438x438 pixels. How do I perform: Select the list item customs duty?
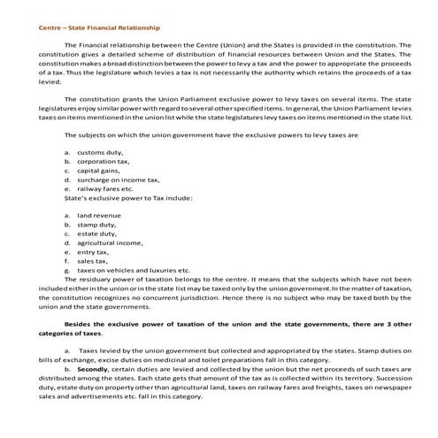pos(101,153)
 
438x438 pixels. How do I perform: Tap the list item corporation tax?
pos(104,163)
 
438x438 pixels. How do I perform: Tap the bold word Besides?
pos(83,325)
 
